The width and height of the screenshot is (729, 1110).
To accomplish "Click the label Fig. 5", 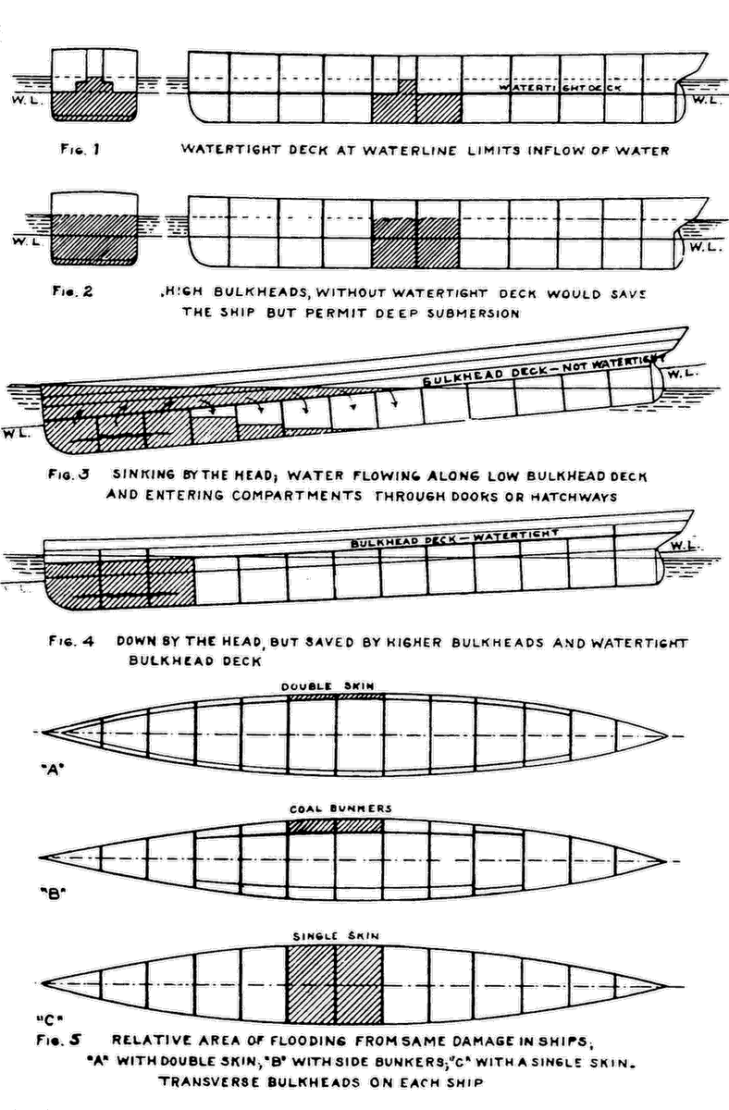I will [x=63, y=1039].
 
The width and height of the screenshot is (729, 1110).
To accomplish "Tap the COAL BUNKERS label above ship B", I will [x=340, y=808].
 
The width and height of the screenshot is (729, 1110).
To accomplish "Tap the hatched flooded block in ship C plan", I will [x=335, y=984].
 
